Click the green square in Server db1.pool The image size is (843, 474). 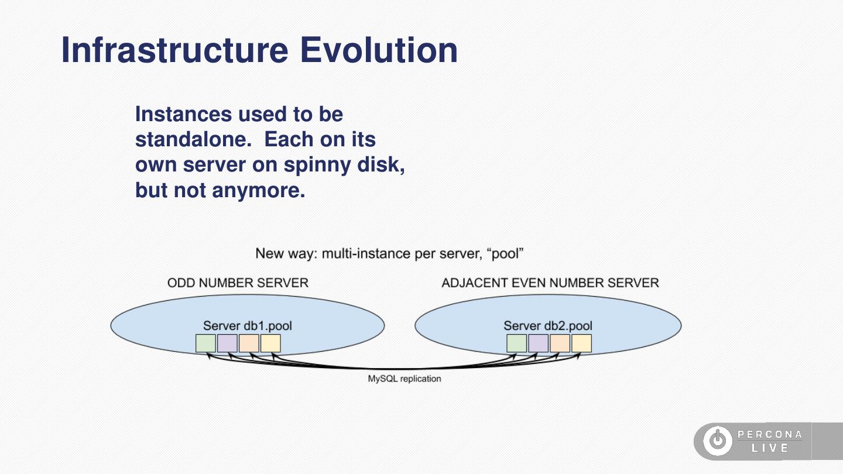click(205, 343)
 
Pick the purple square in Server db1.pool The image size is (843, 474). click(227, 343)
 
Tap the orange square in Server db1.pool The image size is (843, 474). click(249, 343)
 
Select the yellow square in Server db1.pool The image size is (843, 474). click(270, 343)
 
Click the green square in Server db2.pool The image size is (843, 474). click(516, 343)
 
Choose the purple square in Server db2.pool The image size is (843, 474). click(538, 343)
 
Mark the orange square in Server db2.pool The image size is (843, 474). click(560, 343)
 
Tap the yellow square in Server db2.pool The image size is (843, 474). click(581, 343)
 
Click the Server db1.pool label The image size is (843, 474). click(247, 326)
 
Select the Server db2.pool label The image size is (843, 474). click(548, 326)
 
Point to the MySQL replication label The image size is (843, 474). click(404, 379)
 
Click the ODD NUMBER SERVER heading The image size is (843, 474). click(238, 283)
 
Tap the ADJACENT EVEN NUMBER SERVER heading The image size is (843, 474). click(550, 283)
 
